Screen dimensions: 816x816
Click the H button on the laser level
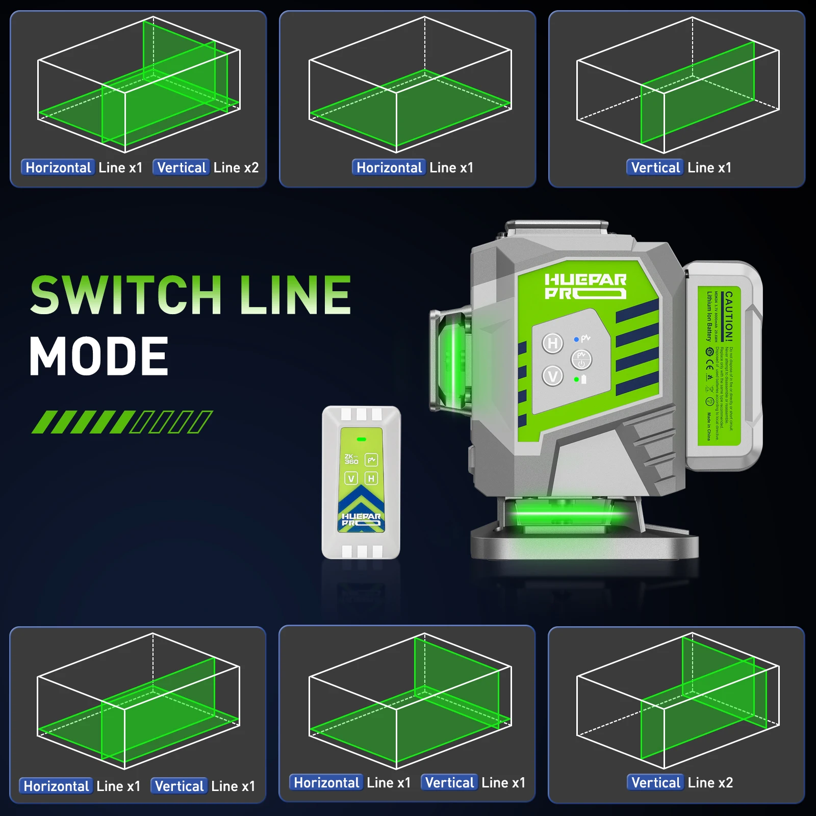552,343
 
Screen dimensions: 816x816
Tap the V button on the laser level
552,376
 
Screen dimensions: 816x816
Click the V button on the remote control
351,478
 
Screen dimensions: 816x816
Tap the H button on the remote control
371,478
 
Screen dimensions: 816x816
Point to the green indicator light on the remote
362,439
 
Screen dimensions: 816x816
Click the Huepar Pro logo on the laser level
585,286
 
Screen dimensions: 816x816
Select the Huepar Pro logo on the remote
361,519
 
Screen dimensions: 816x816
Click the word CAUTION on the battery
729,316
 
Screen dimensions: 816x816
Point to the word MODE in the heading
99,356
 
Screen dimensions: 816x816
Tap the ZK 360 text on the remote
351,459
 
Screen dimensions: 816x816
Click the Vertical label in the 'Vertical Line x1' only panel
655,167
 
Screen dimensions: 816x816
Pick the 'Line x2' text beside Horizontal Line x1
236,167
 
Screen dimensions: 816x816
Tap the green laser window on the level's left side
451,360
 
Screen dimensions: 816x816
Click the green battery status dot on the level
576,379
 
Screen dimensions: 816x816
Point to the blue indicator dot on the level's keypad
576,339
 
